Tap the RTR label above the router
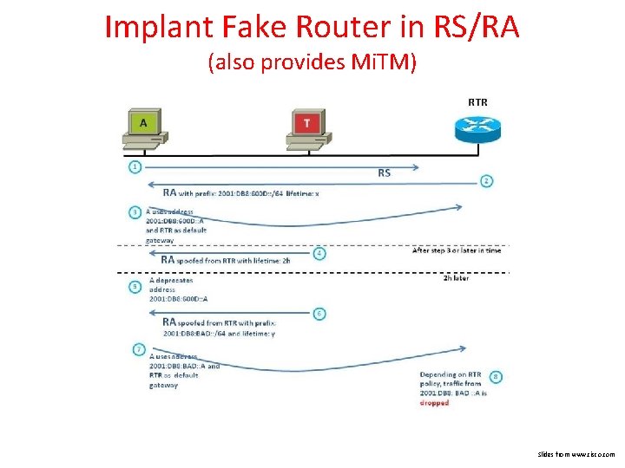477,102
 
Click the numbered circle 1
135,166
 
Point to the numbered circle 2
487,181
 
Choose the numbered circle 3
135,211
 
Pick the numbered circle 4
319,254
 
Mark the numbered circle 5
135,286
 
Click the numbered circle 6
319,313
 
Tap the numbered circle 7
138,349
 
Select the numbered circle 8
496,377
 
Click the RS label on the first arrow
384,172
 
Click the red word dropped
434,403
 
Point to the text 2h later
456,278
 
